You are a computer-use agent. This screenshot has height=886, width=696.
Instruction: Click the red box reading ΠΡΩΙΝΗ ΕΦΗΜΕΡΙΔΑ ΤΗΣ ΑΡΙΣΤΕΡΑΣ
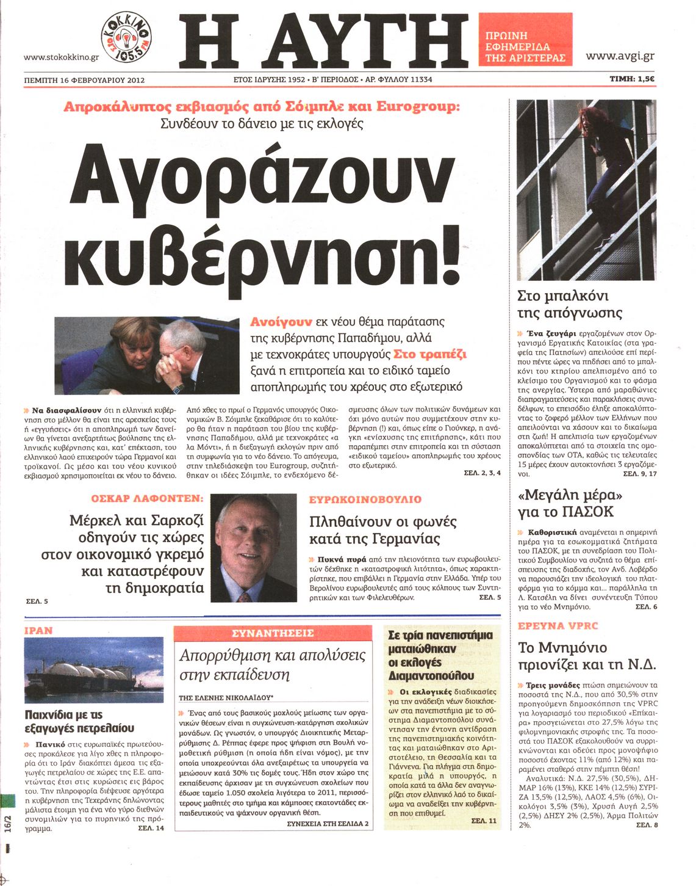tap(525, 39)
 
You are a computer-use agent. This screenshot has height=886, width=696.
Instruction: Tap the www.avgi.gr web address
tap(620, 56)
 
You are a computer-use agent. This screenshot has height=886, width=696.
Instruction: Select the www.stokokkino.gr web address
tap(61, 57)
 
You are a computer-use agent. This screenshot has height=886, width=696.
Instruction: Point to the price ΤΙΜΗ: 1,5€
tap(632, 79)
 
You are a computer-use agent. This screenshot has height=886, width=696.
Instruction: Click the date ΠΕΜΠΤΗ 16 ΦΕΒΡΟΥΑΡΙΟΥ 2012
tap(84, 79)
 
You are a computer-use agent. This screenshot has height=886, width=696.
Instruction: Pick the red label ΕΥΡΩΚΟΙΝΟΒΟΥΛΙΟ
tap(365, 499)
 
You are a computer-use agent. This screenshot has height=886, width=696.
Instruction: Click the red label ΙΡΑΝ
tap(38, 630)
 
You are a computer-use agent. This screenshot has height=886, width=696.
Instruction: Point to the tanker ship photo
tap(94, 670)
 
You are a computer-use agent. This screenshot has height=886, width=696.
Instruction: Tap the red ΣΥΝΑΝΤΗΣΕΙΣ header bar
tap(273, 633)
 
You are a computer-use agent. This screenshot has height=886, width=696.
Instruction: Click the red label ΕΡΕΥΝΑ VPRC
tap(558, 626)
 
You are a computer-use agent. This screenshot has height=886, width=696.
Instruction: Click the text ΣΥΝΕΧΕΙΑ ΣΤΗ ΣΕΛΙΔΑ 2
tap(328, 824)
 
